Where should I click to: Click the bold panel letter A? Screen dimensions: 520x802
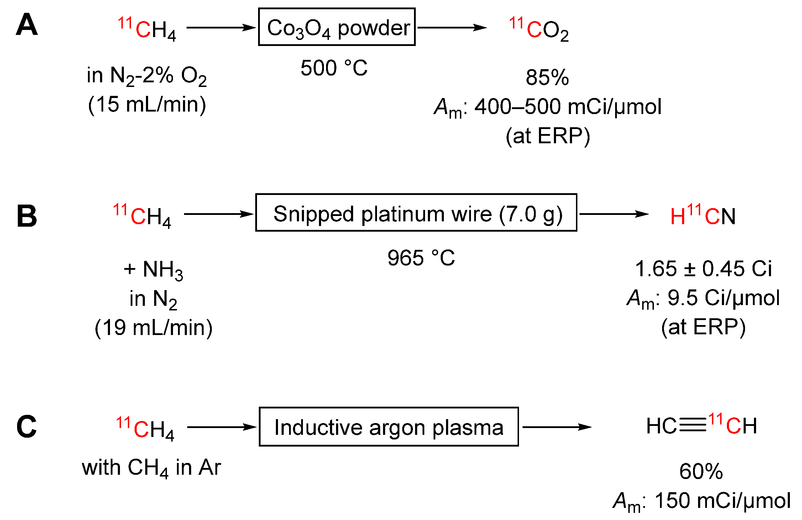pyautogui.click(x=27, y=25)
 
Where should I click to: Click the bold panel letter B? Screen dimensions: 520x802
pyautogui.click(x=27, y=216)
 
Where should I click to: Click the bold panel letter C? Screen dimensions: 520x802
pyautogui.click(x=27, y=427)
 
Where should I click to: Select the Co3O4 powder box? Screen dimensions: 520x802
pyautogui.click(x=337, y=27)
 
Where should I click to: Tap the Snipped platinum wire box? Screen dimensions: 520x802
pyautogui.click(x=416, y=213)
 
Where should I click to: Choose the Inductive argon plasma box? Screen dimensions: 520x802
pyautogui.click(x=389, y=427)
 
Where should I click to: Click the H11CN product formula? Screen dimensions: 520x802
pyautogui.click(x=703, y=215)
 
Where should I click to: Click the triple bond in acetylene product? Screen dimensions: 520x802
pyautogui.click(x=692, y=425)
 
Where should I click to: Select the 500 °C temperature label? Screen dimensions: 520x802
pyautogui.click(x=334, y=68)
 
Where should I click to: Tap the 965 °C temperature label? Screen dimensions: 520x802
pyautogui.click(x=421, y=258)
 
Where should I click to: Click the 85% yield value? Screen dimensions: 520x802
pyautogui.click(x=547, y=77)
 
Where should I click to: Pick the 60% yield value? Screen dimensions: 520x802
pyautogui.click(x=701, y=471)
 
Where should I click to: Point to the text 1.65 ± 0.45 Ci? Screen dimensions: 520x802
pyautogui.click(x=703, y=268)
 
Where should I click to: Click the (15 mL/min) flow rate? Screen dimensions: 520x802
pyautogui.click(x=147, y=104)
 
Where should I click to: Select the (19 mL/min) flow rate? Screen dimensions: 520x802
pyautogui.click(x=153, y=328)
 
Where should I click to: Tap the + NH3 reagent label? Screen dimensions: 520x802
pyautogui.click(x=153, y=269)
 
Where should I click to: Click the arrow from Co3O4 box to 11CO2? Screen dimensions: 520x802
pyautogui.click(x=452, y=27)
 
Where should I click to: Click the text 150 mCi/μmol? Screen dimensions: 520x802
pyautogui.click(x=723, y=500)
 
